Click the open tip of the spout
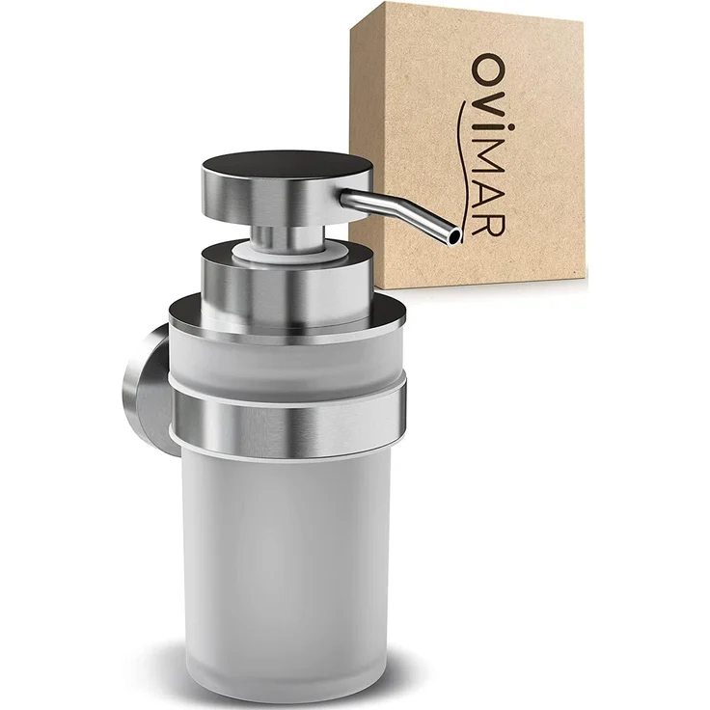pyautogui.click(x=454, y=236)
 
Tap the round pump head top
pyautogui.click(x=287, y=164)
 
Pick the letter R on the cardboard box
pyautogui.click(x=488, y=221)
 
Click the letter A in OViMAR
pyautogui.click(x=487, y=185)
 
